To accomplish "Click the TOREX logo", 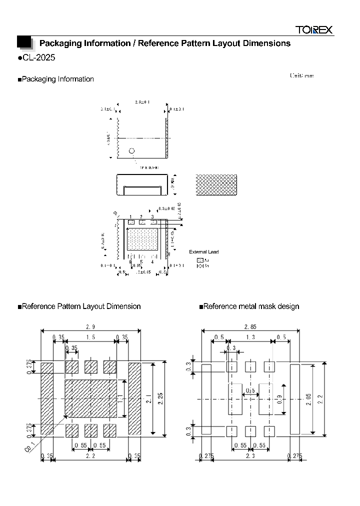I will (313, 30).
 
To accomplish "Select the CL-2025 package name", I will (36, 57).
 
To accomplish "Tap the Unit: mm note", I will (302, 75).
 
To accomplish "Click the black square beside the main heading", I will (24, 43).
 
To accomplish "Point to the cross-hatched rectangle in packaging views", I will (217, 185).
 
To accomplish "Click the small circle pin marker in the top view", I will (132, 150).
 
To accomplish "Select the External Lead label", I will (203, 252).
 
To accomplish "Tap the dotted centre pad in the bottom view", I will (142, 239).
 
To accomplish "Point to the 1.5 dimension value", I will (90, 337).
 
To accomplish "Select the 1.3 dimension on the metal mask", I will (250, 337).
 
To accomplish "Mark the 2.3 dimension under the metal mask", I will (250, 455).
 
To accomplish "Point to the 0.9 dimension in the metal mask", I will (278, 399).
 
